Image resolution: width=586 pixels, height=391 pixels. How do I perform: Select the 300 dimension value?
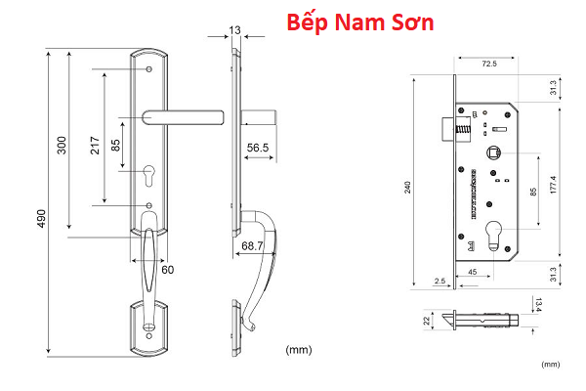(63, 145)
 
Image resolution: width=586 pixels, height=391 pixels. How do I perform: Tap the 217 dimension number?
(95, 144)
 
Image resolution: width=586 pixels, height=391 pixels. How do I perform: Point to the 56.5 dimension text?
(259, 148)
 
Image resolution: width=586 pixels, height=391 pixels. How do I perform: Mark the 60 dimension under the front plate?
(167, 268)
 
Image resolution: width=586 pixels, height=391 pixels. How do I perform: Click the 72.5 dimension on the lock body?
(489, 64)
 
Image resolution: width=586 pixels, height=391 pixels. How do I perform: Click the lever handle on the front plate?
(183, 117)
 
